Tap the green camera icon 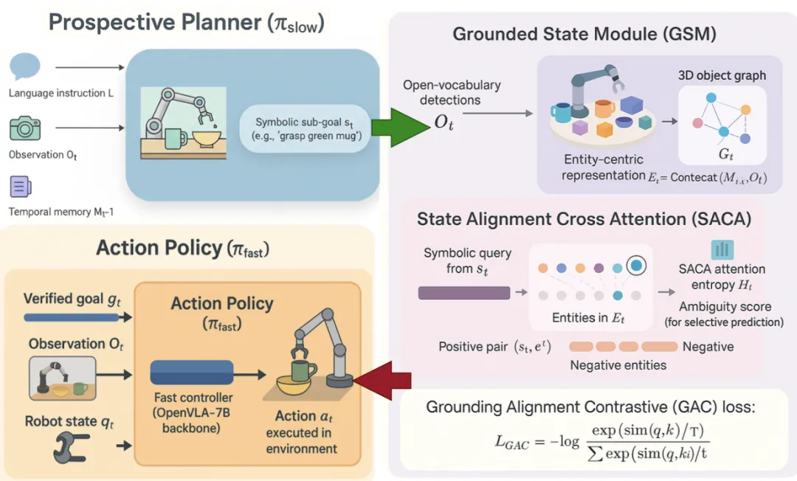click(24, 128)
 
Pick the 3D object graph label click(722, 75)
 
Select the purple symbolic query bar click(463, 292)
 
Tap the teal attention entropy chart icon click(722, 249)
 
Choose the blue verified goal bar click(72, 317)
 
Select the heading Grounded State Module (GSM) click(584, 34)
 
